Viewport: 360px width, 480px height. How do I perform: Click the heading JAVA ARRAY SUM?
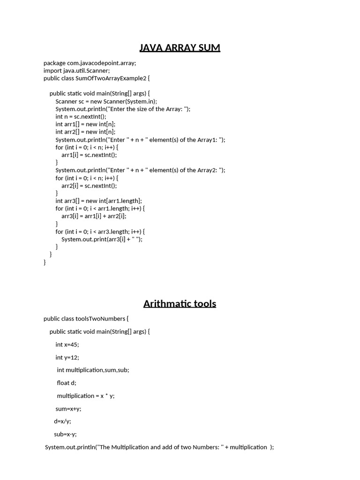(180, 47)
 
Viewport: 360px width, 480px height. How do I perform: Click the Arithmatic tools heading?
(180, 303)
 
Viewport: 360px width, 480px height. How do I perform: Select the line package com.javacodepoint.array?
(90, 63)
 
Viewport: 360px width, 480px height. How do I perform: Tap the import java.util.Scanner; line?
(76, 70)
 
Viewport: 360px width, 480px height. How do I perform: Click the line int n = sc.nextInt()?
(81, 117)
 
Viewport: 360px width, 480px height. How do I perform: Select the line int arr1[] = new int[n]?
(85, 124)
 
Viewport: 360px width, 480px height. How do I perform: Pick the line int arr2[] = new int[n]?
(85, 132)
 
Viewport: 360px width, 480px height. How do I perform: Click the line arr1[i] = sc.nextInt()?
(89, 155)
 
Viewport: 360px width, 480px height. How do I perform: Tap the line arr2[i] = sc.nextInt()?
(89, 185)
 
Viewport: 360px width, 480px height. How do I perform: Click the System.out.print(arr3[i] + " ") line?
(102, 239)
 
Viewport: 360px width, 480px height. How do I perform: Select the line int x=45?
(67, 345)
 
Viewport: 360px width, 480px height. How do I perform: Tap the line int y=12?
(67, 357)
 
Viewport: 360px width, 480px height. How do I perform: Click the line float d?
(67, 383)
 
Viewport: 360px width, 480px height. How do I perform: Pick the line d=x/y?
(62, 421)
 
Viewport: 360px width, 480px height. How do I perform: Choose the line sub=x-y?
(65, 434)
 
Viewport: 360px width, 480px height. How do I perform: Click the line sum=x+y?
(68, 409)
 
